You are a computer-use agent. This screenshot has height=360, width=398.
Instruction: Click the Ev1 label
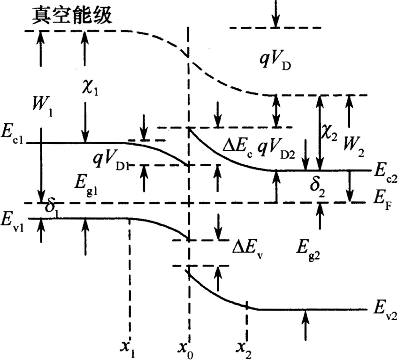click(x=13, y=218)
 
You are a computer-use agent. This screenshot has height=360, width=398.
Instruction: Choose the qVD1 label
click(x=111, y=161)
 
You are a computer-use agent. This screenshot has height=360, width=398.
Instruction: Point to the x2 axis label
click(x=245, y=348)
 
